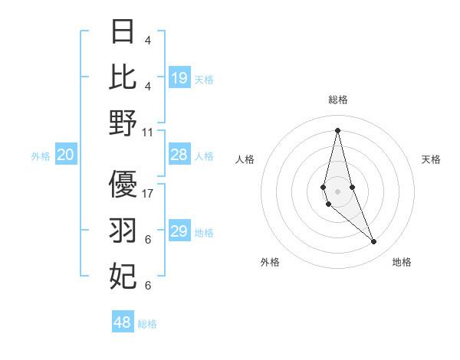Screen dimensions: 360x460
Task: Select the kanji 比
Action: click(x=123, y=77)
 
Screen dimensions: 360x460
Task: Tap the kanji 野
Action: click(x=123, y=123)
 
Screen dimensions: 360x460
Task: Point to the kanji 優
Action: click(x=123, y=185)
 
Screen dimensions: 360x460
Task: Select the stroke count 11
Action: click(x=148, y=132)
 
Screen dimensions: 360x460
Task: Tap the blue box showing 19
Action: click(x=179, y=78)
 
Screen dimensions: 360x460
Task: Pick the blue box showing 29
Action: click(x=179, y=231)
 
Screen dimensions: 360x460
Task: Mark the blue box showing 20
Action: click(x=65, y=155)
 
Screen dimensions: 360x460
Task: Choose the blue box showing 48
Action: click(x=123, y=322)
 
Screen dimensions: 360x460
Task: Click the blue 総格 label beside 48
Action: click(x=147, y=324)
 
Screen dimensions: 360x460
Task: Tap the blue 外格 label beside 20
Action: click(x=41, y=156)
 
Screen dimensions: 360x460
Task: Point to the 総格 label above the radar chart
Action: click(x=337, y=100)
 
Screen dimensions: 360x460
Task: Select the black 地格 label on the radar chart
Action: click(x=402, y=262)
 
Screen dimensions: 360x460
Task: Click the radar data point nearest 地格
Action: click(x=374, y=242)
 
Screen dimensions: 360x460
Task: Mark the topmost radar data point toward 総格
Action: click(x=337, y=130)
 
